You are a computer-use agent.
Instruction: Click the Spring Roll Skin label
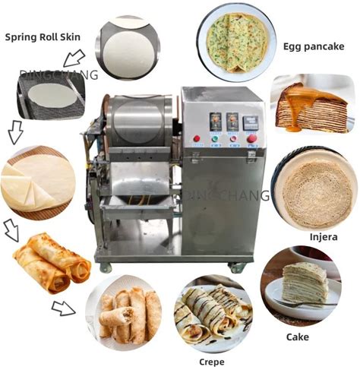point(43,37)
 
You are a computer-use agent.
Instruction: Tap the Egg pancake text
point(314,46)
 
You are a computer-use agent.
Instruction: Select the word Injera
point(324,237)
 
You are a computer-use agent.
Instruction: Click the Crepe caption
point(212,362)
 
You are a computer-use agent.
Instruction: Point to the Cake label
point(298,337)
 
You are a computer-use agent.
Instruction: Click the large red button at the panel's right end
point(252,138)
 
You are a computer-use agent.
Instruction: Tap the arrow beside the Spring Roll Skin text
point(74,58)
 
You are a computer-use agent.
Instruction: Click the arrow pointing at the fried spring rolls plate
point(63,308)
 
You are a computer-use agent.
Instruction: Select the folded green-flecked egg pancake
point(237,43)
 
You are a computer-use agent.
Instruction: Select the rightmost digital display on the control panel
point(251,123)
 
